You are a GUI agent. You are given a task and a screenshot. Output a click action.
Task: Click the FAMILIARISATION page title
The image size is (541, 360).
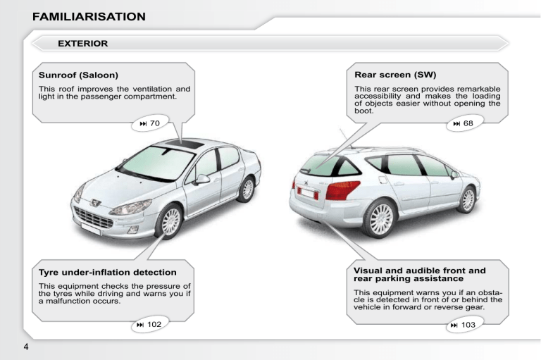pos(89,17)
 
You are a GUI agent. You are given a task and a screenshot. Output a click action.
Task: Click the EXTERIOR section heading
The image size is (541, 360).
pos(83,44)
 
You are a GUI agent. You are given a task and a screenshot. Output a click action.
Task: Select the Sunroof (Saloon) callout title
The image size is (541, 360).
pos(78,75)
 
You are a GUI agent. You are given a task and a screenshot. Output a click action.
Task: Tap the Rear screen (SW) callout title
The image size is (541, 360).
pos(395,75)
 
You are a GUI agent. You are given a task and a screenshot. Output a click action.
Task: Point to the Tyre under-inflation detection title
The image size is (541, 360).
pos(108,273)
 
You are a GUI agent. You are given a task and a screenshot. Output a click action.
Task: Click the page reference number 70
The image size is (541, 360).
pos(155,123)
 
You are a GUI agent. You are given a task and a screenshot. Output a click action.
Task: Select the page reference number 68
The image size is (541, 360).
pos(468,123)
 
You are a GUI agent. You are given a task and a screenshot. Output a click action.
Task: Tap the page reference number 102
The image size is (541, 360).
pos(154,325)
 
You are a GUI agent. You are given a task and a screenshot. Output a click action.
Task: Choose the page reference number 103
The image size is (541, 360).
pos(468,325)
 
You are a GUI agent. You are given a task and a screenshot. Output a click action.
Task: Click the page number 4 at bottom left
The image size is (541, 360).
pos(26,347)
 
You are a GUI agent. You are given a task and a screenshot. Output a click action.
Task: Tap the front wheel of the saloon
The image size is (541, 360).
pos(170,222)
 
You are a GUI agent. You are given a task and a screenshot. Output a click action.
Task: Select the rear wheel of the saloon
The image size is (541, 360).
pos(247,189)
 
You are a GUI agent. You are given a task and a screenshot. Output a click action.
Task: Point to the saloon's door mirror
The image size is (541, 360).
pos(202,179)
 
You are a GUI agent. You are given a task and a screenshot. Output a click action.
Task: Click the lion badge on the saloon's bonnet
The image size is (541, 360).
pos(95,203)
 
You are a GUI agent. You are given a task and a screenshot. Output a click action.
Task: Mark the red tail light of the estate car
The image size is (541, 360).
pos(342,190)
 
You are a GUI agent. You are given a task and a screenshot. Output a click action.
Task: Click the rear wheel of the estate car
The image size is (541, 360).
pos(380,219)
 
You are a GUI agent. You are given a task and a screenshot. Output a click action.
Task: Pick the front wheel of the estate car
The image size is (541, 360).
pos(468,199)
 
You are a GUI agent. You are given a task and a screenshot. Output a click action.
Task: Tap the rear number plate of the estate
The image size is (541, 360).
pos(308,193)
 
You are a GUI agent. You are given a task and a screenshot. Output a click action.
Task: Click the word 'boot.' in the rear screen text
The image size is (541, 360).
pos(364,111)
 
